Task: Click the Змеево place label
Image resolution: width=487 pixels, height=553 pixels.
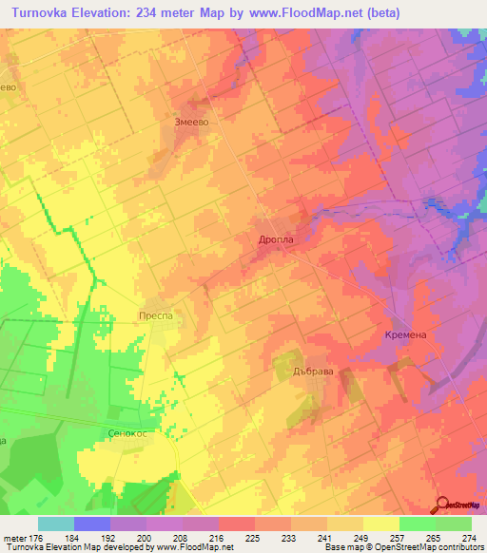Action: point(191,122)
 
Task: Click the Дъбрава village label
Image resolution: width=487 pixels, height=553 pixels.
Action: point(311,372)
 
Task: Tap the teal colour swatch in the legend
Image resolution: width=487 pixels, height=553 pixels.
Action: point(56,524)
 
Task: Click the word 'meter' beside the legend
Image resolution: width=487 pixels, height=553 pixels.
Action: point(14,538)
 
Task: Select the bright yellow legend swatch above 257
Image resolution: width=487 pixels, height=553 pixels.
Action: point(380,524)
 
